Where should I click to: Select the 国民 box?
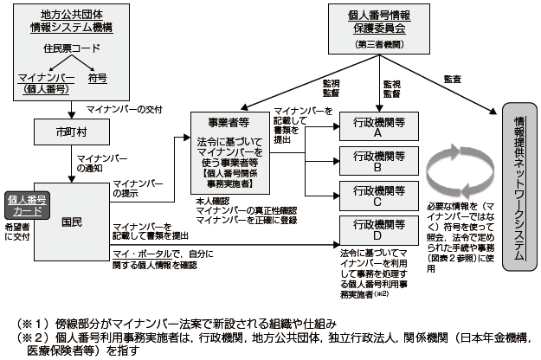coord(73,223)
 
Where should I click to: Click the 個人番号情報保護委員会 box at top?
coord(379,22)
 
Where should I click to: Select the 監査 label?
coord(450,80)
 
